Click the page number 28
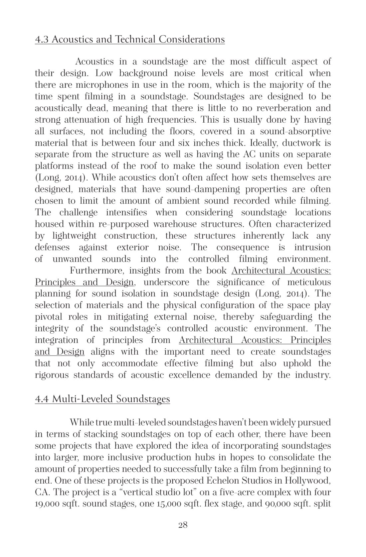(183, 525)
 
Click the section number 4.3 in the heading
(42, 40)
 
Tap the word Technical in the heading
(135, 40)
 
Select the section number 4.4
(42, 398)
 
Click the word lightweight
(74, 236)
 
